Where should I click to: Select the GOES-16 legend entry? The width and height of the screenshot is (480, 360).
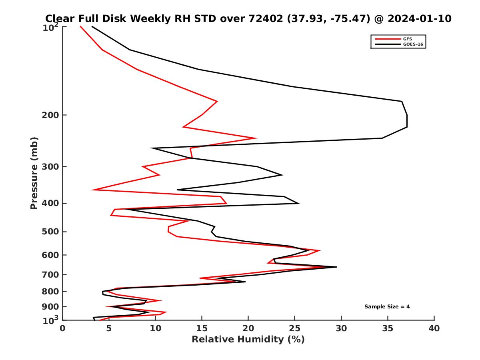[x=412, y=44]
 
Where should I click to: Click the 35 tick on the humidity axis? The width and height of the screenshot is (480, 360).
[x=388, y=328]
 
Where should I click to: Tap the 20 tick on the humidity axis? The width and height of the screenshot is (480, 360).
[x=248, y=328]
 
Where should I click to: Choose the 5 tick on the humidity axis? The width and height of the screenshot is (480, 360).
[x=109, y=328]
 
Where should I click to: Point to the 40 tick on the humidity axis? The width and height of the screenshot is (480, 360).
[x=434, y=328]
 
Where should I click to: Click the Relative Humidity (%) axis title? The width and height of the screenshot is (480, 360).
[x=248, y=340]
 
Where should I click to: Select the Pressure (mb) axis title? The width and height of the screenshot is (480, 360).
[x=34, y=173]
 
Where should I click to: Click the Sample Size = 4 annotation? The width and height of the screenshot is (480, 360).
[x=387, y=307]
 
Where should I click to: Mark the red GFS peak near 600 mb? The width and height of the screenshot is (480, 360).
[x=320, y=251]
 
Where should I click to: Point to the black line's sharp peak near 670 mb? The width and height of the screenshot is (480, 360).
[x=336, y=267]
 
